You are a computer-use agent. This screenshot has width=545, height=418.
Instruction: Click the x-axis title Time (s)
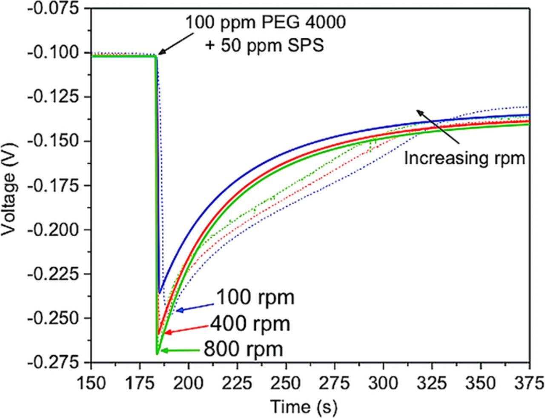point(304,407)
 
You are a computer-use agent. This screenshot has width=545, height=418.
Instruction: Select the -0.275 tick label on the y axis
point(57,362)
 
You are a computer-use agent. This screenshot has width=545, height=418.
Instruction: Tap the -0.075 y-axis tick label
point(57,9)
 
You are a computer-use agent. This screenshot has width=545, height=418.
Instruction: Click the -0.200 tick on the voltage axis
point(57,229)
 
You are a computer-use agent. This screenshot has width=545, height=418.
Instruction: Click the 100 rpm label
point(255,298)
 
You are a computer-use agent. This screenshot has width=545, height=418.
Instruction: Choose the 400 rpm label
point(250,324)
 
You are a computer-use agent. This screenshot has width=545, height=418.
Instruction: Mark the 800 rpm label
point(244,349)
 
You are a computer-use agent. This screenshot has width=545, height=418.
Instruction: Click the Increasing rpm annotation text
point(464,158)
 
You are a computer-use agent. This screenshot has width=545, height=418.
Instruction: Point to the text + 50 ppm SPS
point(264,45)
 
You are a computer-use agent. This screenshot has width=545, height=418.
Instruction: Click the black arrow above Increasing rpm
point(437,126)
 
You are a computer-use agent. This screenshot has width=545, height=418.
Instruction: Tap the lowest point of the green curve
point(157,353)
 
